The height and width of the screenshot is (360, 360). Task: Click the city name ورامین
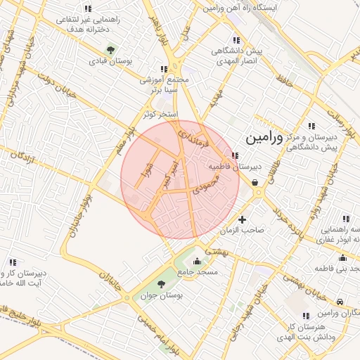(x=264, y=138)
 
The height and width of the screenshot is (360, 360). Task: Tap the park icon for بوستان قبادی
(x=110, y=49)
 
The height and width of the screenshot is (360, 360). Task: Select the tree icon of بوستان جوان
(x=161, y=284)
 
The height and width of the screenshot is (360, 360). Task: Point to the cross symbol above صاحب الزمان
(x=243, y=219)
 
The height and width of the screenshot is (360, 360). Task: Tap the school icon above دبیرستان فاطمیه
(x=235, y=156)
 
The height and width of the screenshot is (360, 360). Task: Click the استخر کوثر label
(x=161, y=113)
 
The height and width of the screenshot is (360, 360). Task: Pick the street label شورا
(x=147, y=173)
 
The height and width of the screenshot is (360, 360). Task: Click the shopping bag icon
(x=254, y=183)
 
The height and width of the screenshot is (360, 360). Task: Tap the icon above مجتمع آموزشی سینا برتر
(x=164, y=69)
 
